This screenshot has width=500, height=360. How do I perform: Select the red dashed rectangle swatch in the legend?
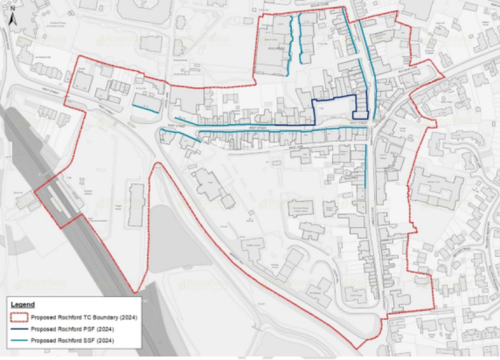click(x=18, y=317)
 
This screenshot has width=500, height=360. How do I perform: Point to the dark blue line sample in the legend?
click(x=18, y=329)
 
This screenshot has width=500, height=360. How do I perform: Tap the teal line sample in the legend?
click(x=18, y=339)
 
